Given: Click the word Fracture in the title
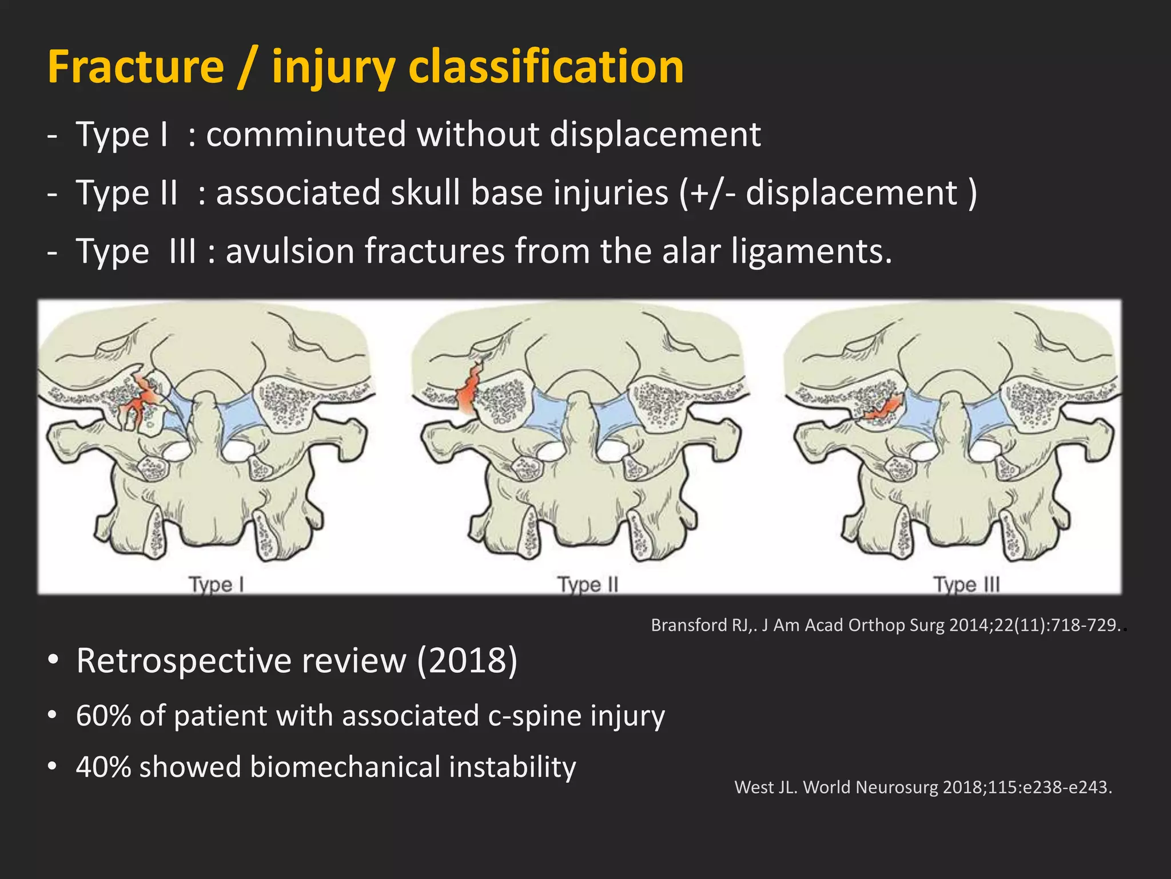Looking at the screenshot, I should click(x=136, y=67).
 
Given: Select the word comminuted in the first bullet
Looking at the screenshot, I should click(x=305, y=135).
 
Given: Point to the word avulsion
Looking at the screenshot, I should click(x=289, y=251).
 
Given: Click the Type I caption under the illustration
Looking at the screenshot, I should click(x=217, y=585).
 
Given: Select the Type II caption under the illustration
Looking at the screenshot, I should click(x=588, y=585).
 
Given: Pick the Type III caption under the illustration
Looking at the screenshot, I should click(x=966, y=585).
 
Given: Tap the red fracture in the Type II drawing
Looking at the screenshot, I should click(x=469, y=389).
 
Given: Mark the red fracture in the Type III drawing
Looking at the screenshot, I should click(x=883, y=407).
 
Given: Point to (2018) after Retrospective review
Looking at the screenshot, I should click(x=467, y=661).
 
